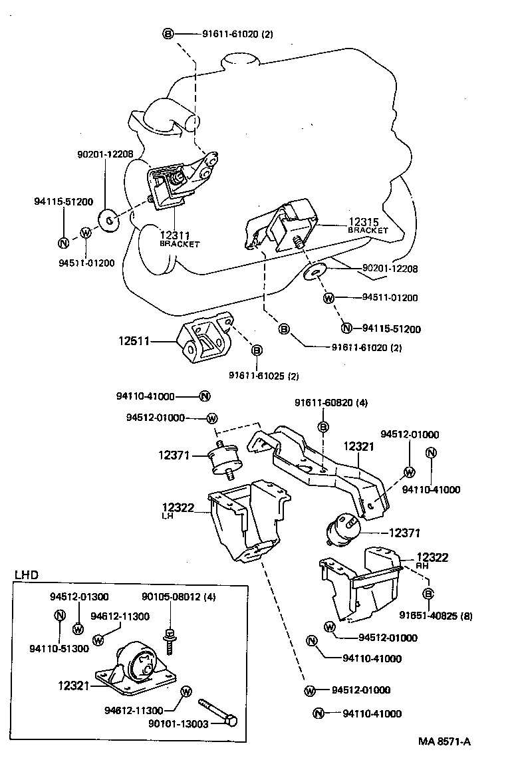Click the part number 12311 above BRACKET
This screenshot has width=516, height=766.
pyautogui.click(x=175, y=235)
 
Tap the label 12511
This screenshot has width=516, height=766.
pyautogui.click(x=135, y=341)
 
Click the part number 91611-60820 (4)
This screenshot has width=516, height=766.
pyautogui.click(x=331, y=403)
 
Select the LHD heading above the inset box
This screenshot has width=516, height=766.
pyautogui.click(x=27, y=574)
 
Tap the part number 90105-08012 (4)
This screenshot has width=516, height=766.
pyautogui.click(x=178, y=596)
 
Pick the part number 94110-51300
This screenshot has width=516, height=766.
pyautogui.click(x=59, y=649)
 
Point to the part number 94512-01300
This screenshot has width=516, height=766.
pyautogui.click(x=79, y=596)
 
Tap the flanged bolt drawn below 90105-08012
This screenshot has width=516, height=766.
pyautogui.click(x=170, y=638)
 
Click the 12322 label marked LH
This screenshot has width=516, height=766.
pyautogui.click(x=176, y=509)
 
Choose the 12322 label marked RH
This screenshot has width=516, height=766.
pyautogui.click(x=432, y=557)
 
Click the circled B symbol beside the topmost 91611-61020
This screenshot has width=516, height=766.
pyautogui.click(x=168, y=33)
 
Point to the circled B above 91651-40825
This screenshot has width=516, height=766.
pyautogui.click(x=428, y=594)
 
